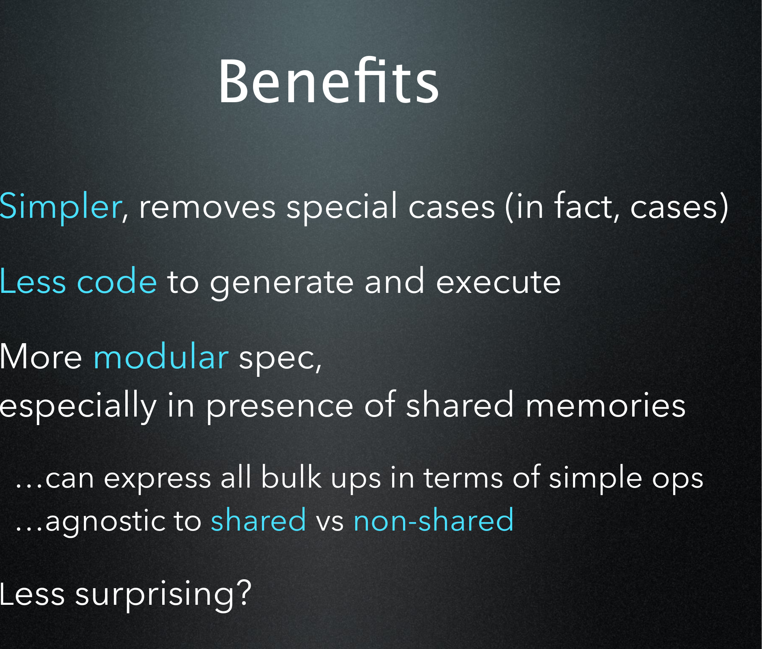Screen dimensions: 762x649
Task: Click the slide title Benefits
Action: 329,81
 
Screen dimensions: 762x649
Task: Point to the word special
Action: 342,207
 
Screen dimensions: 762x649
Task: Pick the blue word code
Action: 117,281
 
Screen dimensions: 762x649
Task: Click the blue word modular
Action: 161,356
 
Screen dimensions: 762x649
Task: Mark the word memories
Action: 605,404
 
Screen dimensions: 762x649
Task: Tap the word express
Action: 157,479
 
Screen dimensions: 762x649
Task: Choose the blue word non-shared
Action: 434,520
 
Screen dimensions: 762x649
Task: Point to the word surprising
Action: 155,595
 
